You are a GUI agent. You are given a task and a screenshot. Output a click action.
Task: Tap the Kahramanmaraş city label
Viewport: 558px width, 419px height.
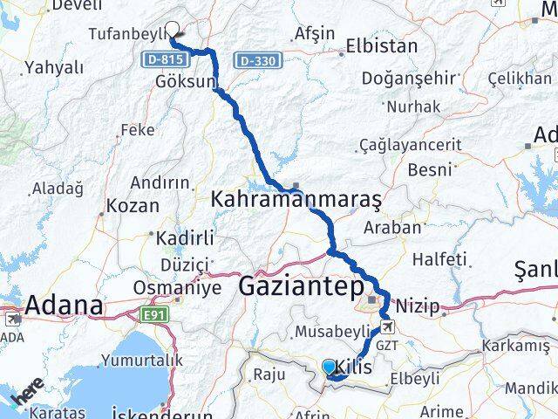tap(296, 200)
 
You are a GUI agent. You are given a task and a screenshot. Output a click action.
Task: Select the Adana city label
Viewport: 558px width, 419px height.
tap(64, 306)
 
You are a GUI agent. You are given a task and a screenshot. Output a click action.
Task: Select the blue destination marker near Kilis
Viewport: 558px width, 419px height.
tap(329, 367)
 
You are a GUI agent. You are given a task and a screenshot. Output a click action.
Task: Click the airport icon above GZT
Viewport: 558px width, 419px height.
tap(387, 327)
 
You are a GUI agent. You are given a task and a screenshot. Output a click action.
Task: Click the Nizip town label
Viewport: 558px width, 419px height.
tap(418, 307)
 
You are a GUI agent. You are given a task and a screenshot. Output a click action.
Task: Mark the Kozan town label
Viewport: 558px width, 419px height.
tap(133, 207)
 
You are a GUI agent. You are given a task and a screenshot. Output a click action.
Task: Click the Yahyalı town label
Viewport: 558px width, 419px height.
tap(53, 67)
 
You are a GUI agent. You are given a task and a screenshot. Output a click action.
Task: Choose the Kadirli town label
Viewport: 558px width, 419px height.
tap(181, 238)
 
